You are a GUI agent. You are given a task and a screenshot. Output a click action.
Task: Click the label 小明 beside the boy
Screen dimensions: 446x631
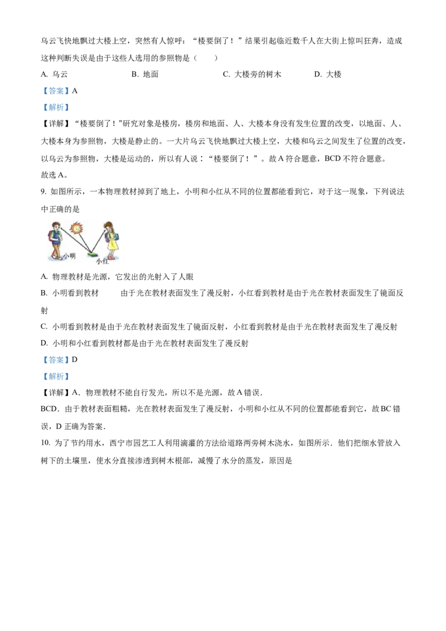(69, 255)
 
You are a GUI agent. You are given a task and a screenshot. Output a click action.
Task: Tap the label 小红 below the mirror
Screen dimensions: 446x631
(101, 260)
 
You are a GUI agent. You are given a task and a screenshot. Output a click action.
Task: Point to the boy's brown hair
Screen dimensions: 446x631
(55, 224)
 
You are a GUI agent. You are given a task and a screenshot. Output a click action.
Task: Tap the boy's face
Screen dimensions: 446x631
(56, 228)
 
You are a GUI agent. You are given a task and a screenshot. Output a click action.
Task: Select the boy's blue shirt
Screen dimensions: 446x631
(55, 237)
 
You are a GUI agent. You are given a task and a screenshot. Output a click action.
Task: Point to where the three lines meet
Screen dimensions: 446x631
(90, 253)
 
